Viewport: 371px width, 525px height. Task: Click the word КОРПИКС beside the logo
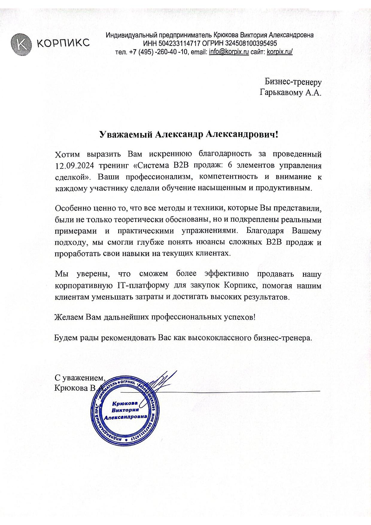tap(63, 43)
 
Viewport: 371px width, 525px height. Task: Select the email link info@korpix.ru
tap(229, 52)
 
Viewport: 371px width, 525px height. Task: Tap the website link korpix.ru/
tap(279, 52)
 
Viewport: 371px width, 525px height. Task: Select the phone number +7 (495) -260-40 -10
tap(158, 52)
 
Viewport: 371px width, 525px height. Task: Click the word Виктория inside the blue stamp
tap(126, 410)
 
